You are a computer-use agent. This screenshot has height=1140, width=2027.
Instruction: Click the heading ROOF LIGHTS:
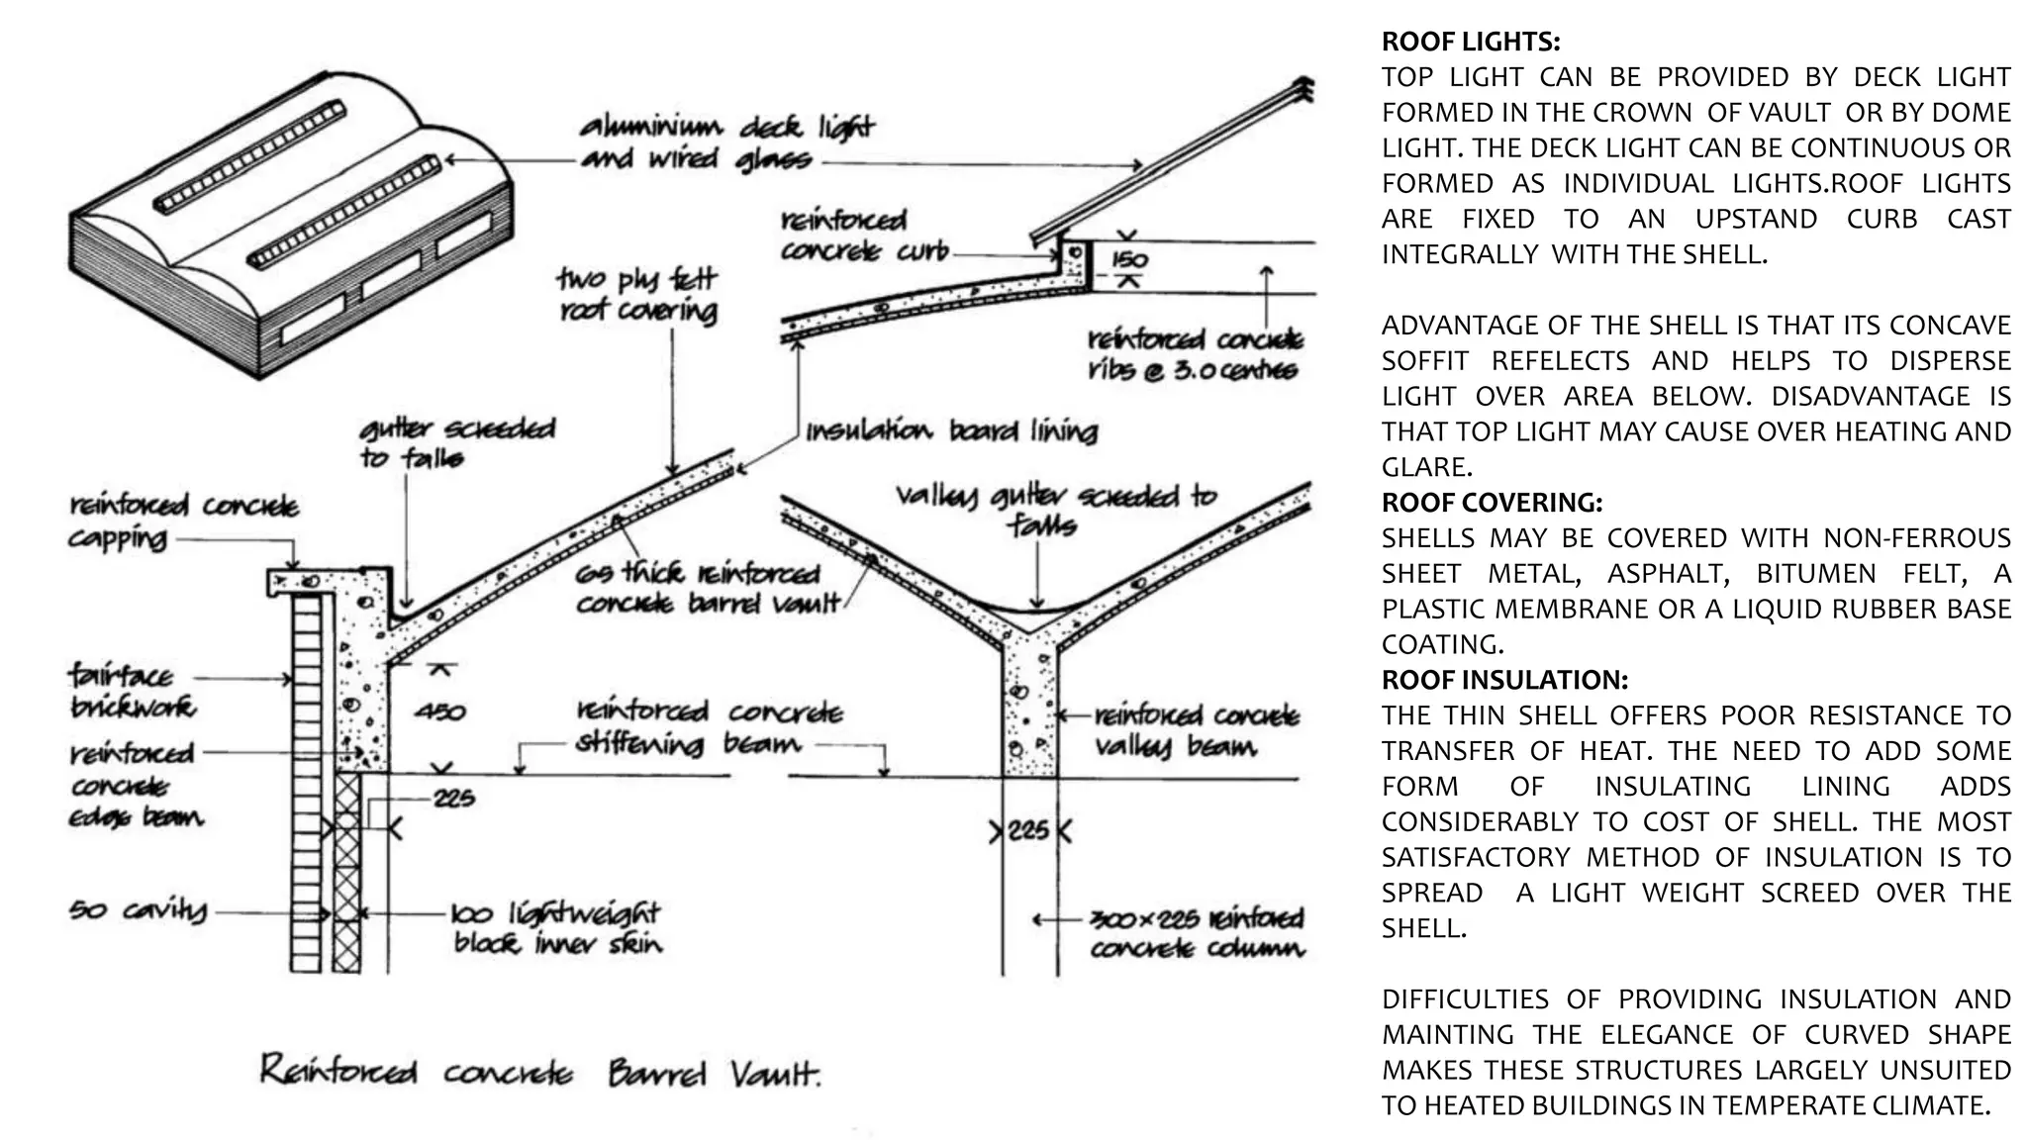point(1470,42)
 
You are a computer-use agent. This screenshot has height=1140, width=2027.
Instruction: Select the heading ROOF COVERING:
point(1492,503)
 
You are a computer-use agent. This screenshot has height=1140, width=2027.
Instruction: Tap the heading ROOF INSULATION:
point(1504,680)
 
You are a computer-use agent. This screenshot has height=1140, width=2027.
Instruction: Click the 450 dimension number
point(439,712)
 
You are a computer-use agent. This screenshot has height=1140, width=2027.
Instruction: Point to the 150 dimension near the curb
point(1129,259)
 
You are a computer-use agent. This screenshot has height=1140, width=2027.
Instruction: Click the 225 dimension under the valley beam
point(1028,830)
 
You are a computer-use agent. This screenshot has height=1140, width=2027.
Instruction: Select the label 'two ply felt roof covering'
point(637,295)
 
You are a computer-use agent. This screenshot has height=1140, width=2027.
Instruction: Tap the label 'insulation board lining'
point(951,431)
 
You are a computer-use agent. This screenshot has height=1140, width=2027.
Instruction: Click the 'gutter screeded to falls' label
point(457,442)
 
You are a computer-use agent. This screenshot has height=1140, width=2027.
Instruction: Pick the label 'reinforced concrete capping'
point(183,522)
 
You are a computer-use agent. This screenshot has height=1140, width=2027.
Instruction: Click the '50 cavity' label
point(139,909)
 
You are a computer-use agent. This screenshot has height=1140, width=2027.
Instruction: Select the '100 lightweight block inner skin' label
point(556,927)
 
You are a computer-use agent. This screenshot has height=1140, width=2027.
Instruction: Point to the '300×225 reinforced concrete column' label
point(1197,933)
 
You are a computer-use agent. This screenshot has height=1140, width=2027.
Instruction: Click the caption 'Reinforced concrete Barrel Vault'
point(540,1073)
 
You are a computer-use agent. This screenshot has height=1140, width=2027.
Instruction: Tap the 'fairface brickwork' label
point(133,692)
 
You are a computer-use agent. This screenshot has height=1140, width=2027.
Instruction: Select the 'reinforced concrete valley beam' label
point(1196,730)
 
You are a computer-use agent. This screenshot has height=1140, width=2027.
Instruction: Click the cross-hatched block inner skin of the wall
point(346,871)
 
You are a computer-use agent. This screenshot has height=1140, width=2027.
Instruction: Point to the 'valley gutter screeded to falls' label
point(1055,509)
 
